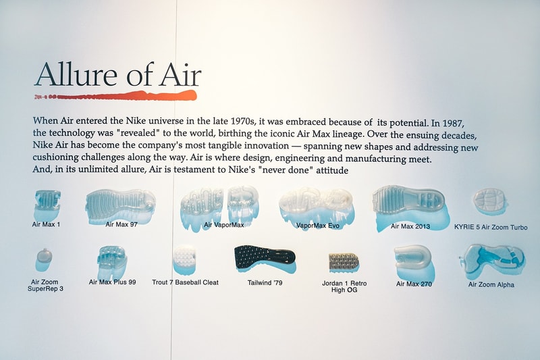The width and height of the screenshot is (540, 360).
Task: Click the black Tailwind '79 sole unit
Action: coord(265,259)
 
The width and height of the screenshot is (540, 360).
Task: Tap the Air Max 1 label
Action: coord(46,224)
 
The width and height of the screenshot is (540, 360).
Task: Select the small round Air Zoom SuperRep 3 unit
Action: coord(45,256)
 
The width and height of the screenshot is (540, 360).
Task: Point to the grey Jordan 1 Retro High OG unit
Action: coord(344,262)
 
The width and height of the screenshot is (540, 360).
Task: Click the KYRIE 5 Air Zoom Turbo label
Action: coord(491,228)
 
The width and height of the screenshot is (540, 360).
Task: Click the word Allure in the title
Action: coord(76,74)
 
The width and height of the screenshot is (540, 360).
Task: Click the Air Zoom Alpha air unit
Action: coord(492,260)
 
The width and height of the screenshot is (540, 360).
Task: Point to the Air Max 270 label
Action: coord(414,284)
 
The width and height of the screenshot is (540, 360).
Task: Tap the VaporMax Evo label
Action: coord(318,226)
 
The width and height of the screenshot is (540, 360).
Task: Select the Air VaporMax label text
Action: coord(224,225)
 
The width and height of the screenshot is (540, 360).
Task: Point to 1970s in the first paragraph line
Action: coord(243,122)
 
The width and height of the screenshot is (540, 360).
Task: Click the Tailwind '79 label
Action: coord(265,283)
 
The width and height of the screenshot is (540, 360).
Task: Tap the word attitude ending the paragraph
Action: coord(332,170)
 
